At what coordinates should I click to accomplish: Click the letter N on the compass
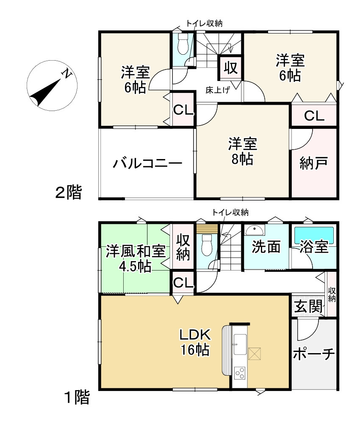[66, 73]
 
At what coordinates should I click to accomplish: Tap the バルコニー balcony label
[147, 163]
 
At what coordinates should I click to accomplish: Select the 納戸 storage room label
[313, 163]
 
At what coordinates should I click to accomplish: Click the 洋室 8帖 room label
[242, 151]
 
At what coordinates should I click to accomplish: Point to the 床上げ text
[217, 90]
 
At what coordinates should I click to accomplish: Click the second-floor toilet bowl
[183, 44]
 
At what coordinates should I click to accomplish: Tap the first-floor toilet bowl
[208, 245]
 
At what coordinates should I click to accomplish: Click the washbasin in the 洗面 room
[255, 231]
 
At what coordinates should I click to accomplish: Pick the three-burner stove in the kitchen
[240, 373]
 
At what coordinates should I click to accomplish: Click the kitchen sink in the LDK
[240, 344]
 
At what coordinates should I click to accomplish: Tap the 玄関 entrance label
[308, 307]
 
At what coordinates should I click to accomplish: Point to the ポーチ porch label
[314, 354]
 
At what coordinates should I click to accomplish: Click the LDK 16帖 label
[195, 342]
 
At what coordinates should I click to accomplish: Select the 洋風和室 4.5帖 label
[136, 259]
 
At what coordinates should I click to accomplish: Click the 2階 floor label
[68, 192]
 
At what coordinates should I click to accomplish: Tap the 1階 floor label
[77, 398]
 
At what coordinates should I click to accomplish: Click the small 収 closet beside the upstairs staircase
[231, 67]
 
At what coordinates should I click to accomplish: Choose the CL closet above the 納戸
[314, 116]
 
